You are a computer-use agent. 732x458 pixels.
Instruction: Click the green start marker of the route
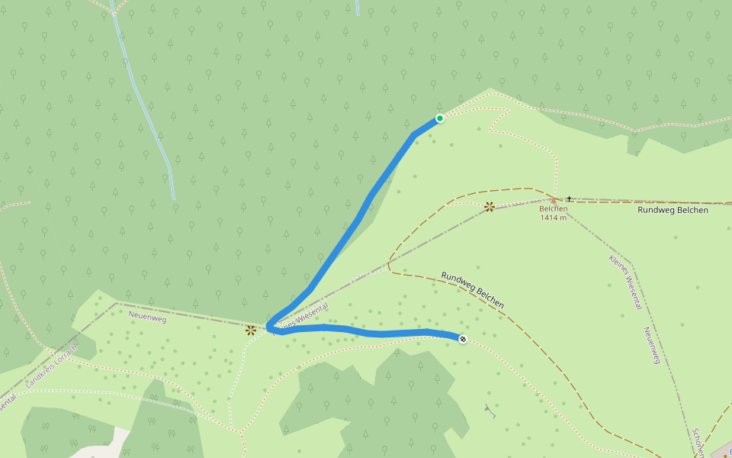[440, 118]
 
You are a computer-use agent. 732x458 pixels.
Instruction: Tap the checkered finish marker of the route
[463, 338]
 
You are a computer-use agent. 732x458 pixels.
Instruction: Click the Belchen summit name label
[553, 208]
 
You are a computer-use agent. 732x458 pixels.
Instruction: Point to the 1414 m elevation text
[553, 218]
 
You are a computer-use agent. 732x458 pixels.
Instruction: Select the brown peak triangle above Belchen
[554, 201]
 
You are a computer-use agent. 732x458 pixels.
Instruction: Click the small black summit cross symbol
[569, 198]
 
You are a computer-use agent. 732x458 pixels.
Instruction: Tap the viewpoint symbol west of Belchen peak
[490, 206]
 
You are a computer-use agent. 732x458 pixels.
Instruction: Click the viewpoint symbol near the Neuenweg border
[250, 330]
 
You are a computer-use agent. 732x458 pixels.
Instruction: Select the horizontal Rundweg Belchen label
[673, 210]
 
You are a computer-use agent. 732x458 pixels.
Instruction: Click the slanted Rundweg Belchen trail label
[472, 290]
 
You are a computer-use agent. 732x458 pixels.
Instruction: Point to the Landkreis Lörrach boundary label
[52, 367]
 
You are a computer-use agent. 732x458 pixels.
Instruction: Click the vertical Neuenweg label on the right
[650, 345]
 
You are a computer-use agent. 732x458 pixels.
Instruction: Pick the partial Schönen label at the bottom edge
[697, 443]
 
